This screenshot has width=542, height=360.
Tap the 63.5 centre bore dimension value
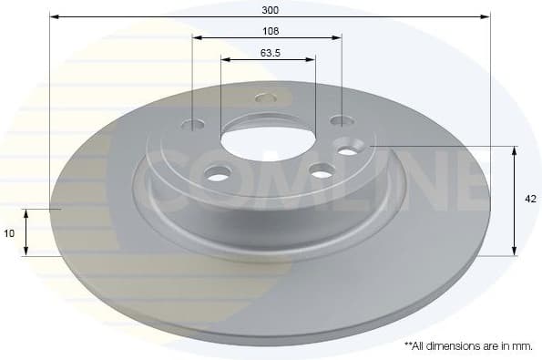click(x=269, y=52)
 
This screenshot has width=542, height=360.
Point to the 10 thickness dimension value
click(x=9, y=233)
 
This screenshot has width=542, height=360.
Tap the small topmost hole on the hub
click(x=266, y=98)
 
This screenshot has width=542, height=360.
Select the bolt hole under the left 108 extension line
click(x=193, y=125)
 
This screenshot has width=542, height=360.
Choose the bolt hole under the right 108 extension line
click(x=341, y=120)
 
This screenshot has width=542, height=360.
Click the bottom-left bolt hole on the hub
click(x=218, y=172)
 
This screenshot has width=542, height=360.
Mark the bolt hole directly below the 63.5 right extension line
click(x=322, y=170)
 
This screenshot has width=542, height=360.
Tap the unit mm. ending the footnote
click(x=523, y=346)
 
